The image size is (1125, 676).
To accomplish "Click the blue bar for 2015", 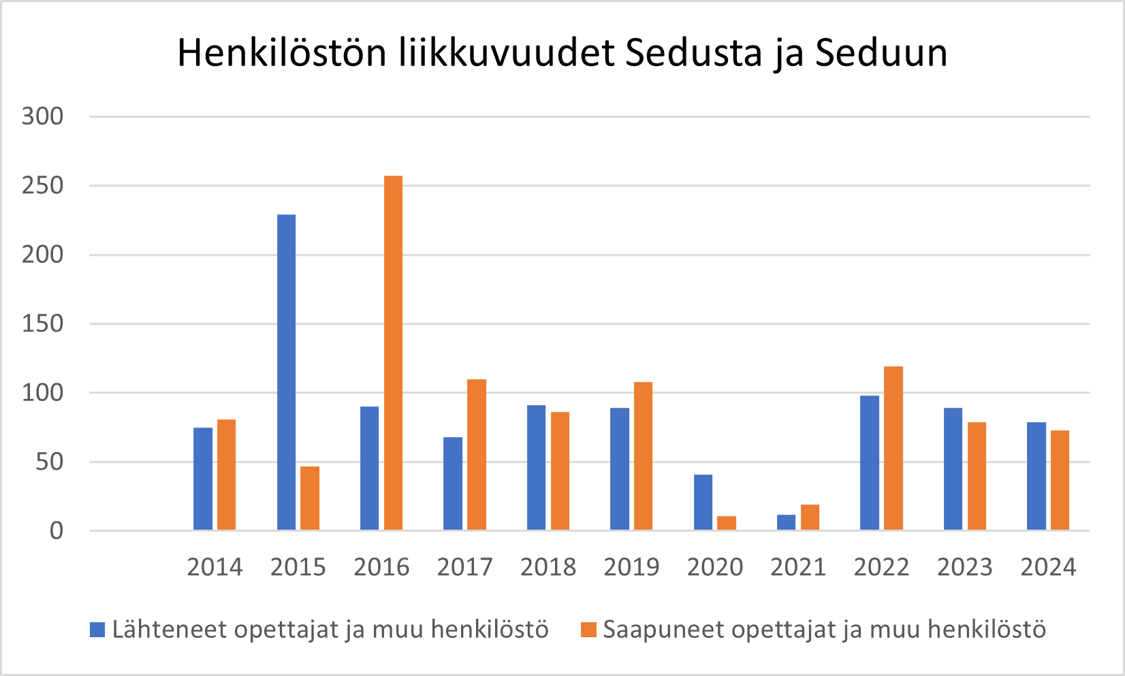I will click(x=286, y=372).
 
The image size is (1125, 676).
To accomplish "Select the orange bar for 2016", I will click(x=393, y=353).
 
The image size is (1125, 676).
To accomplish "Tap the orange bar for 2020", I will click(x=727, y=523).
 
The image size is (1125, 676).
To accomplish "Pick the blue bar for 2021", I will click(x=786, y=522).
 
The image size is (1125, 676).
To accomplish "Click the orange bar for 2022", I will click(x=893, y=448).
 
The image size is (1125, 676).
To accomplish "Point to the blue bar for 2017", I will click(x=453, y=483).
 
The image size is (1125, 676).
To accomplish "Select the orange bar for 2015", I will click(x=310, y=498).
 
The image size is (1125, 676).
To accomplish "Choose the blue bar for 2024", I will click(x=1036, y=476).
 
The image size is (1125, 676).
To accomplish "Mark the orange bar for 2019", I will click(x=643, y=456).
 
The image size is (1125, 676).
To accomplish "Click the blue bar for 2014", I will click(x=203, y=479).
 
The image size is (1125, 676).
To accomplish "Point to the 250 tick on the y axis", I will click(x=42, y=185).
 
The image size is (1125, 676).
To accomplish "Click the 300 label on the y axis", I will click(x=42, y=116).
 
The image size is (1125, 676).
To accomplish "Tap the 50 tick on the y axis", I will click(x=49, y=462).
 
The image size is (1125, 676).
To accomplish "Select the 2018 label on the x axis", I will click(x=548, y=567).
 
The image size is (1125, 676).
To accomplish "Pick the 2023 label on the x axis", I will click(x=965, y=567).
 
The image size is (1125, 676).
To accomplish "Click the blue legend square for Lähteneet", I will click(x=97, y=630).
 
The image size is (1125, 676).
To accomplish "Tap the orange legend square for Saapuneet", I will click(x=588, y=630).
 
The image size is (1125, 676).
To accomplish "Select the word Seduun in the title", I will click(x=881, y=53).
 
